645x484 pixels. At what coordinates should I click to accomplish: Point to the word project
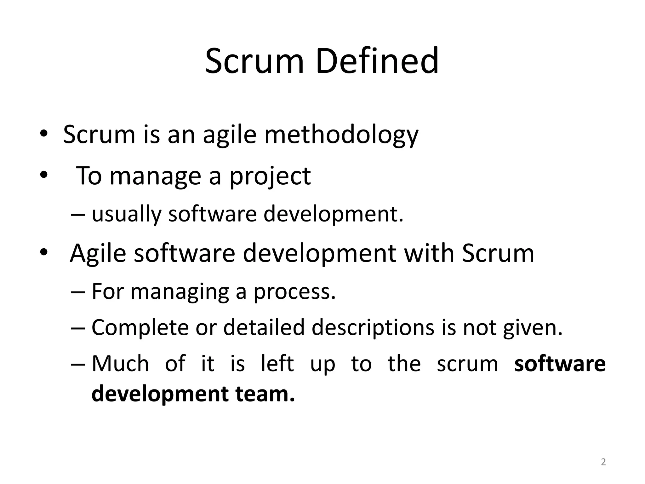tap(270, 176)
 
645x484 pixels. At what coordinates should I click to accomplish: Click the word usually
tap(126, 214)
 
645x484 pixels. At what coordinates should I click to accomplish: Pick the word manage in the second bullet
tap(155, 176)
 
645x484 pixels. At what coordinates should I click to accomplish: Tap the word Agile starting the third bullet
tap(98, 253)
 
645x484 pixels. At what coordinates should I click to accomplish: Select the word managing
tap(180, 292)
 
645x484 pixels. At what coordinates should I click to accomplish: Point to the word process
tap(294, 292)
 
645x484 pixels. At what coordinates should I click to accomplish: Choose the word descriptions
tap(373, 328)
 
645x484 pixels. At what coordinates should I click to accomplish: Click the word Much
tap(120, 364)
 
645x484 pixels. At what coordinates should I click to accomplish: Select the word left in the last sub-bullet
tap(277, 364)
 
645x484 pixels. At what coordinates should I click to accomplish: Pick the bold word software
tap(560, 364)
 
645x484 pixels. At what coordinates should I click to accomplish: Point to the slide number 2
tap(603, 462)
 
